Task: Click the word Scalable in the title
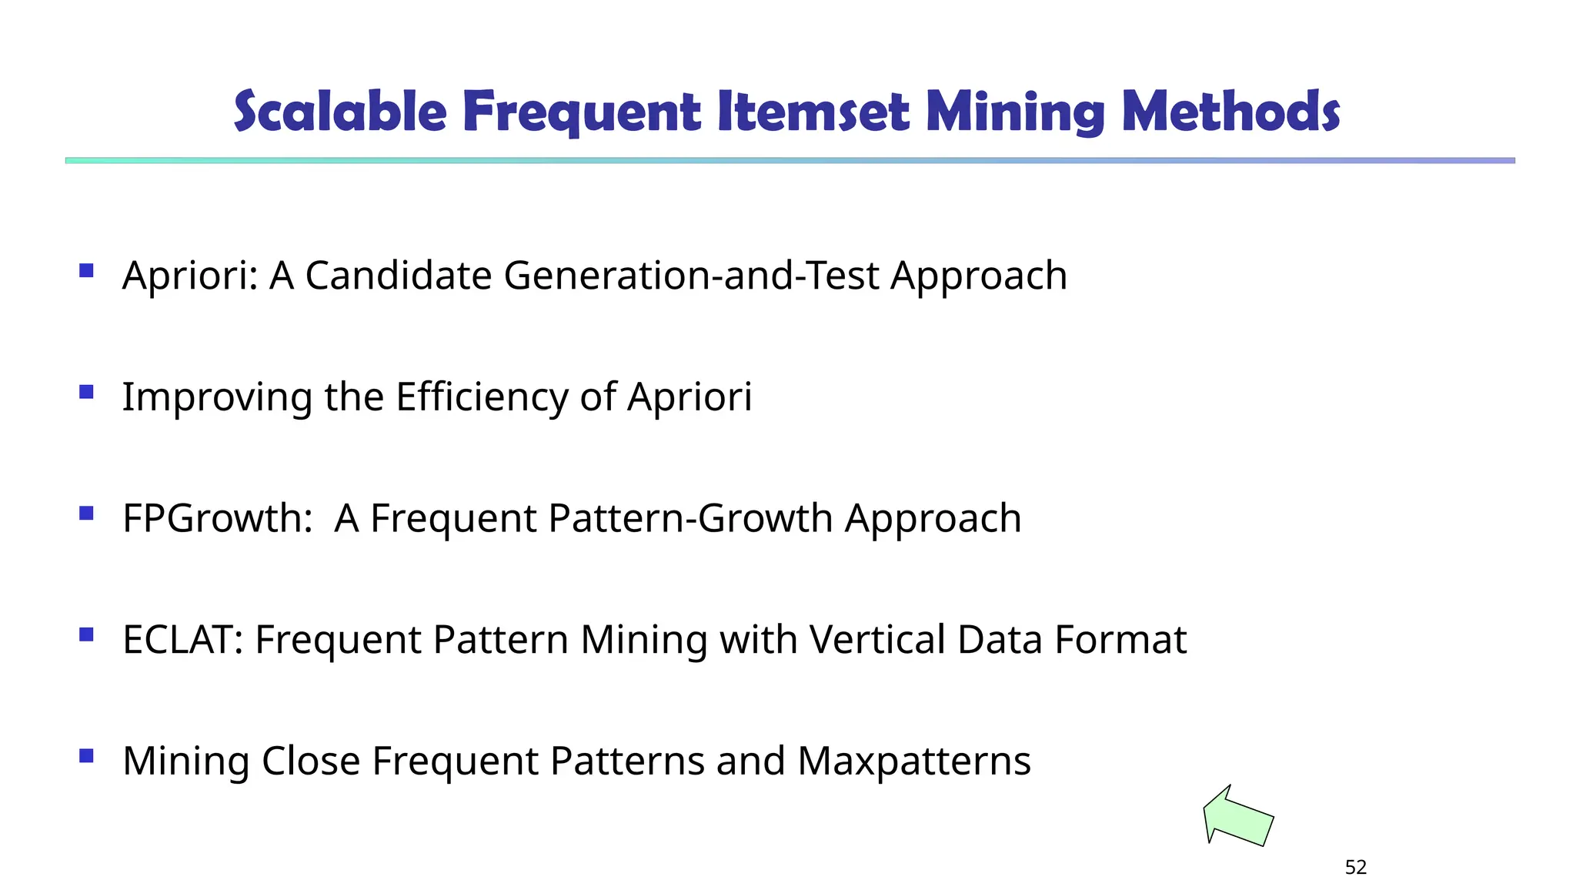point(339,112)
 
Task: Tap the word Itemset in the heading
point(813,112)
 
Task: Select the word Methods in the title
point(1230,112)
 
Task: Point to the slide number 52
point(1355,868)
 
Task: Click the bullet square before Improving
point(86,392)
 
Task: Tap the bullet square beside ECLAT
point(86,634)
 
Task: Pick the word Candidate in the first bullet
point(398,276)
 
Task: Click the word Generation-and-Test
point(690,276)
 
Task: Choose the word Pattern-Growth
point(690,518)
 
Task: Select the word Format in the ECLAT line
point(1120,640)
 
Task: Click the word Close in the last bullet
point(310,761)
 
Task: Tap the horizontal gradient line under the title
point(790,160)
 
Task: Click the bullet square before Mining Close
point(86,756)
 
